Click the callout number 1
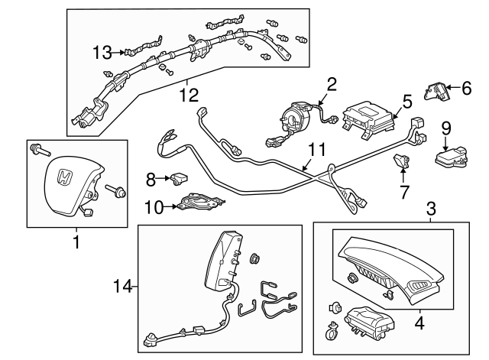click(x=76, y=243)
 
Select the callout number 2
click(x=331, y=84)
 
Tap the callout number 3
click(x=431, y=208)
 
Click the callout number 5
click(x=406, y=100)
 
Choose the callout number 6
click(x=466, y=89)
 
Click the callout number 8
click(x=151, y=180)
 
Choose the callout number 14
click(x=123, y=287)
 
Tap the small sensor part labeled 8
click(x=179, y=180)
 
